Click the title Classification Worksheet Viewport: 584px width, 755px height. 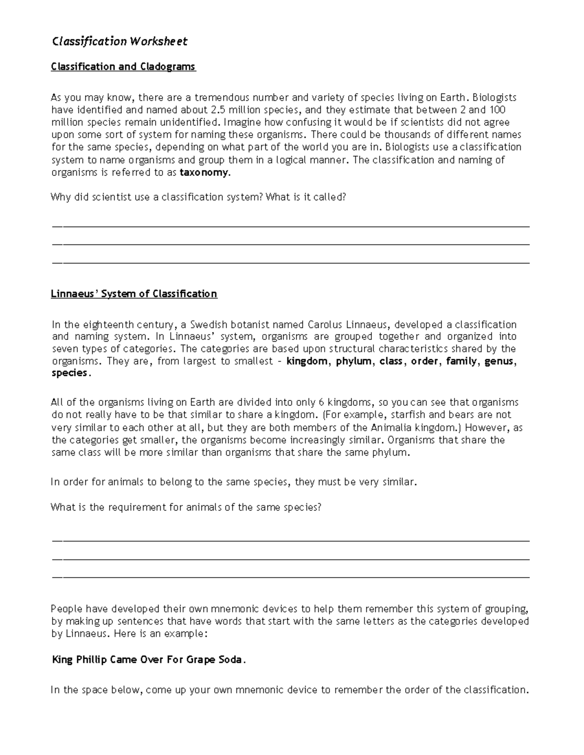click(119, 42)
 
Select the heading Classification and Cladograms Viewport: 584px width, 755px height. click(123, 67)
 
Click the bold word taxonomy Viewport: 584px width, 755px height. click(203, 173)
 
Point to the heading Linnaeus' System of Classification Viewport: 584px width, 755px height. click(134, 294)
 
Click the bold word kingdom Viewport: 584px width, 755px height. click(307, 361)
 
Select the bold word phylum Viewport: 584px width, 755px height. click(354, 361)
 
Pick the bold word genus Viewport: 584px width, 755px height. click(499, 361)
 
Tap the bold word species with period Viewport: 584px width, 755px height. click(71, 373)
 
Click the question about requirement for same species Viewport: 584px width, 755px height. click(186, 508)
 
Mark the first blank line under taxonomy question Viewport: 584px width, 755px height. click(291, 227)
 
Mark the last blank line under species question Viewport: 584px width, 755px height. click(291, 578)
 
